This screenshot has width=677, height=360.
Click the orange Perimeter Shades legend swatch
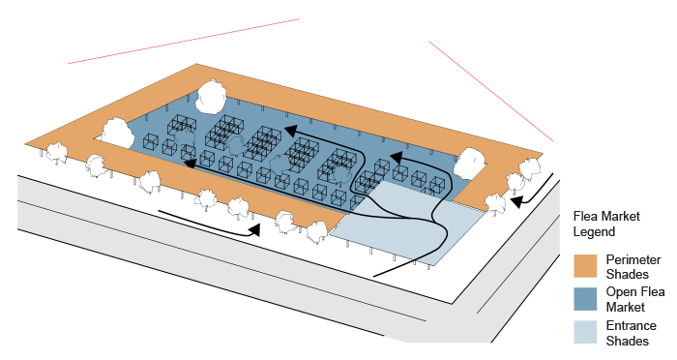585,266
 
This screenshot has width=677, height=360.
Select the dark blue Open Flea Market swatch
585,299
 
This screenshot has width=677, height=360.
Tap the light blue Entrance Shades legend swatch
585,332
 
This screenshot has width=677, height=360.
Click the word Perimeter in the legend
633,259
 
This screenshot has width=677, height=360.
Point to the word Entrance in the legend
631,325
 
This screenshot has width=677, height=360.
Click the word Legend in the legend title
594,231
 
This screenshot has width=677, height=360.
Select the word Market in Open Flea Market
625,307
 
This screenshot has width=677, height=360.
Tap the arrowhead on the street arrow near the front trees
255,230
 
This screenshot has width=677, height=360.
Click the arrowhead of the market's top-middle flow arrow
290,130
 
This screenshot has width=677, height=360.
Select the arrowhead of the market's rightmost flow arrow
396,158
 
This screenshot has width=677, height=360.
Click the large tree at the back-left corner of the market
211,97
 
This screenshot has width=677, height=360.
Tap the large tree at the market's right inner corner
469,164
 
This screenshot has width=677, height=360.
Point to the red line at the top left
184,41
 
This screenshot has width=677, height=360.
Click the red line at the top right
491,91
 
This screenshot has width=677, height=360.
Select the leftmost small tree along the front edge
56,153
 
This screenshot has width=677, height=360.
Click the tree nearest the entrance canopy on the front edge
317,232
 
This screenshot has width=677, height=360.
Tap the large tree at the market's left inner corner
117,134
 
